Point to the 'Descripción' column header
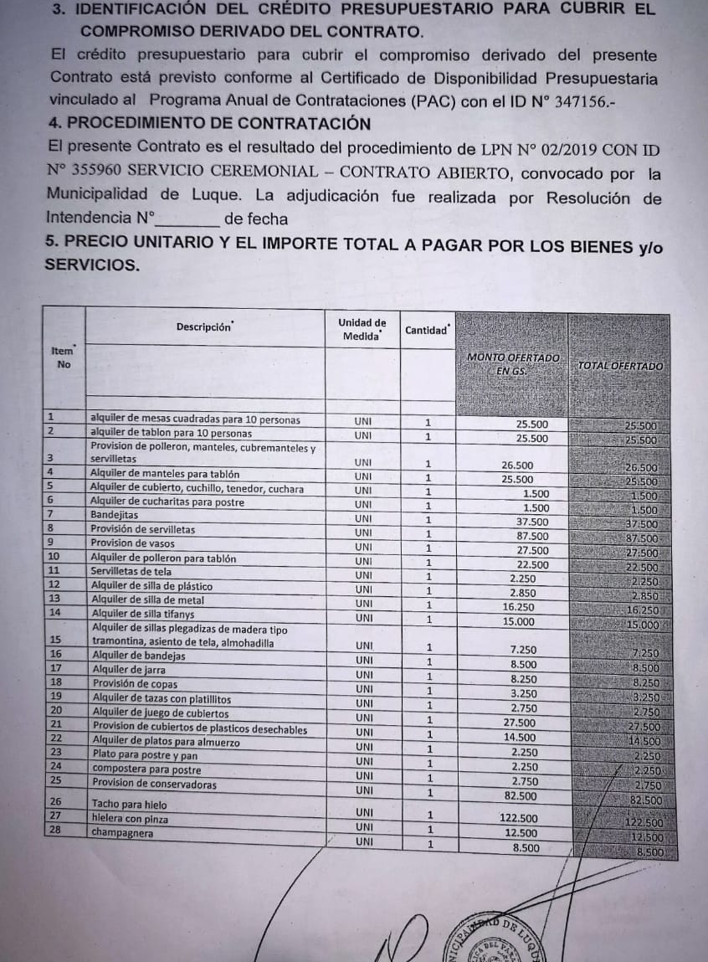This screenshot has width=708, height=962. click(204, 327)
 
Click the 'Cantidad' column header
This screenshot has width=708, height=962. click(427, 330)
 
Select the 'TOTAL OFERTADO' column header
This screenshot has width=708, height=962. click(620, 366)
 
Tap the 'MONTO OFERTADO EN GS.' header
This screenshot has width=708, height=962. click(512, 363)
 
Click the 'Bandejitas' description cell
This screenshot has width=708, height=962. click(115, 515)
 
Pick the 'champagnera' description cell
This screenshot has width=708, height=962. click(123, 833)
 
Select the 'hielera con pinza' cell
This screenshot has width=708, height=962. click(131, 817)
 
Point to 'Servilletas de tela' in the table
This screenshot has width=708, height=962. click(132, 571)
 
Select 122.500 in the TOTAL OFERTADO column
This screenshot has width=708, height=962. click(644, 823)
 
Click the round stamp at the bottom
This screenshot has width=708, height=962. click(494, 942)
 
